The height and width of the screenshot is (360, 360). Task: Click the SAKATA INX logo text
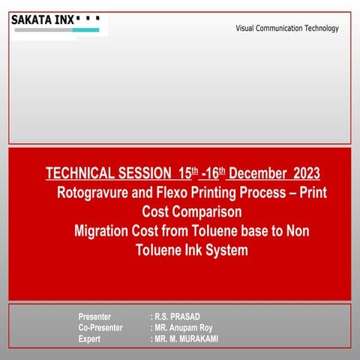click(x=43, y=19)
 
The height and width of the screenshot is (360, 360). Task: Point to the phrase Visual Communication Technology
click(x=286, y=28)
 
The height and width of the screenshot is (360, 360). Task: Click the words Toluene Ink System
click(x=191, y=250)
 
